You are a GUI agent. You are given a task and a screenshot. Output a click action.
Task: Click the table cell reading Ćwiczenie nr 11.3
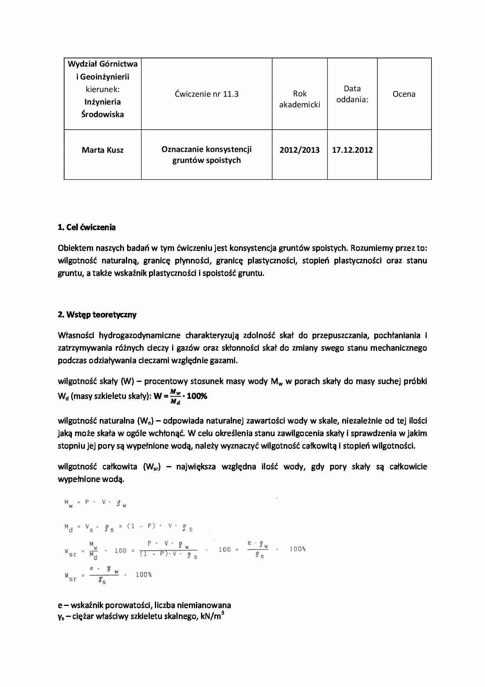point(207,94)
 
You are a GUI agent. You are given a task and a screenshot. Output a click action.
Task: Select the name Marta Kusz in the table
point(102,150)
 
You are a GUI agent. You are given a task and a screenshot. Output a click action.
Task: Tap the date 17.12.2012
point(352,150)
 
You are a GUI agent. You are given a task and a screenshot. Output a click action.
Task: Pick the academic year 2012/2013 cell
point(300,150)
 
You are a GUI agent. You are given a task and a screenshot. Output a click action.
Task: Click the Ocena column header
point(404,94)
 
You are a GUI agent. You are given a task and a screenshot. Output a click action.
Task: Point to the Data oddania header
point(352,94)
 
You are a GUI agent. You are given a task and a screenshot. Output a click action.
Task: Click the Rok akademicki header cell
point(300,99)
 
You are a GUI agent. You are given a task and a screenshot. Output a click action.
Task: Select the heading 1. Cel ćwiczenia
point(86,227)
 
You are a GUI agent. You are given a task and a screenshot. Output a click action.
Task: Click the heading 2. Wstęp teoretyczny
point(97,315)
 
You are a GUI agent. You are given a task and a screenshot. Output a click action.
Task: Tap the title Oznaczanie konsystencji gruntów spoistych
point(207,155)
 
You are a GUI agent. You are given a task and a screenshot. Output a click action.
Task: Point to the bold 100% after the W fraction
point(197,396)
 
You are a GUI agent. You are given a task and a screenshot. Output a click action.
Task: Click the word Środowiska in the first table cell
point(102,114)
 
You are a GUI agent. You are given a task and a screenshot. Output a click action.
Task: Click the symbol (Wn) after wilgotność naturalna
point(144,421)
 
